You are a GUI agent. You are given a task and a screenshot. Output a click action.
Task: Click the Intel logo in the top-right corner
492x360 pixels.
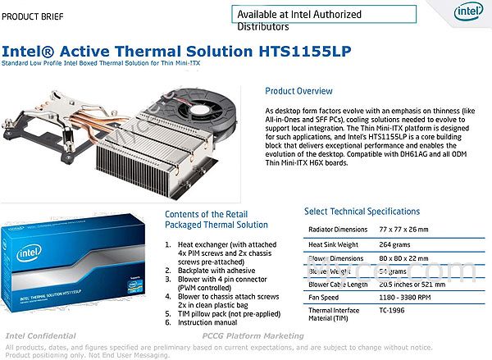click(469, 16)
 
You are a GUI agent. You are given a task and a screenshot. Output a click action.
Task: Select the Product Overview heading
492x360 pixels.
click(304, 91)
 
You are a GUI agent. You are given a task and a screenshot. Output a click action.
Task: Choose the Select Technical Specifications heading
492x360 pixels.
click(362, 211)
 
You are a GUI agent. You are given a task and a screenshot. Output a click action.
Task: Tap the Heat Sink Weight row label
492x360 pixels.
click(336, 244)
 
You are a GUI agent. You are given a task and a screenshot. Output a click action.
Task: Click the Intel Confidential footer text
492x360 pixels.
click(41, 335)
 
